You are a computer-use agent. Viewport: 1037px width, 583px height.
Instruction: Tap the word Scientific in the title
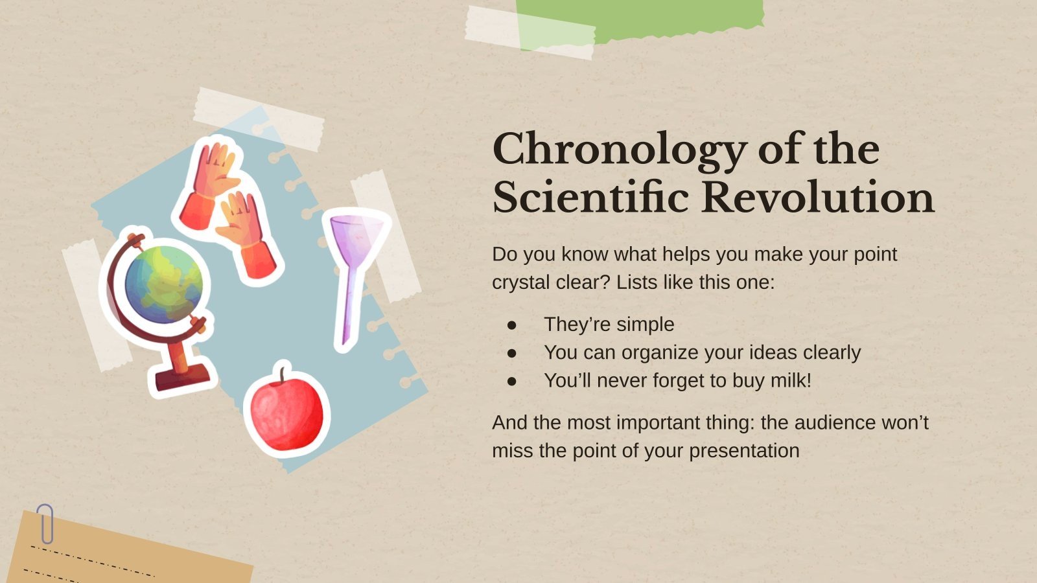pyautogui.click(x=590, y=198)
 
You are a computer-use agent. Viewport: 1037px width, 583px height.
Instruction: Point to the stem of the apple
pyautogui.click(x=283, y=376)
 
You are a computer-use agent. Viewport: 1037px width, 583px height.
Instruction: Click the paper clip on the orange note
pyautogui.click(x=45, y=523)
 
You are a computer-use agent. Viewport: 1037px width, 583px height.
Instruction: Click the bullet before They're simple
pyautogui.click(x=512, y=325)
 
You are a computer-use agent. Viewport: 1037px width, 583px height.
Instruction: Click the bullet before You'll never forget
pyautogui.click(x=512, y=381)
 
